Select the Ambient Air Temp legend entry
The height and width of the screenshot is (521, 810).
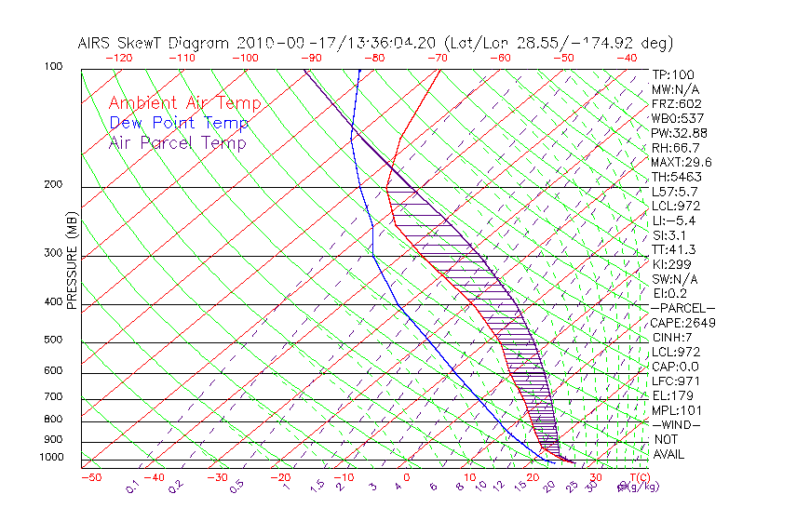(184, 104)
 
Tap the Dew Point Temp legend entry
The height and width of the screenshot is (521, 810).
(179, 124)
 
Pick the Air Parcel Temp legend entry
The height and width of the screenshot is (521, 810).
(177, 143)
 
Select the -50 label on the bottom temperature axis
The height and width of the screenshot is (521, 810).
(90, 477)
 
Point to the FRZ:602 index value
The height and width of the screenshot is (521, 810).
(677, 103)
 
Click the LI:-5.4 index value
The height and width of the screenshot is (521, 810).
(674, 220)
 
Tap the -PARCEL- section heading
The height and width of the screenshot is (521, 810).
(682, 308)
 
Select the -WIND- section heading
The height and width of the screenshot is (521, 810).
(676, 424)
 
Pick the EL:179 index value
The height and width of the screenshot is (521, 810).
(671, 395)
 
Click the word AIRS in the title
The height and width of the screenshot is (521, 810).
(95, 43)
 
